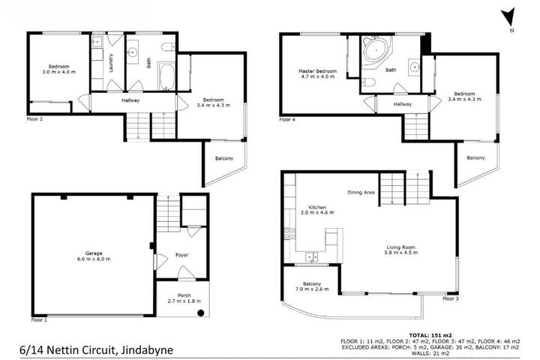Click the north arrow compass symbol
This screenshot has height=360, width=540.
(x=508, y=18)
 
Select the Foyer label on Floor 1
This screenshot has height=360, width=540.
(x=181, y=255)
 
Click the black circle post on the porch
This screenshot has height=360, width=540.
(x=201, y=313)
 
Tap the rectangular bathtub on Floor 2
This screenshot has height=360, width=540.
(x=167, y=76)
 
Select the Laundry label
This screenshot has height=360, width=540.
(x=111, y=63)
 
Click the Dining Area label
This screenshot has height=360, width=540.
(x=361, y=192)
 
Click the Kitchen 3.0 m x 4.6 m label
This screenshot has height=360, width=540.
(x=317, y=210)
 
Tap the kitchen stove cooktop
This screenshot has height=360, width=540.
(x=289, y=233)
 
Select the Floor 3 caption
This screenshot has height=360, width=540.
(x=451, y=298)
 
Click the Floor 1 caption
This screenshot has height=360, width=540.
(x=39, y=319)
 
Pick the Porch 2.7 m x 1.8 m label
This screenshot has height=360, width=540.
(x=184, y=298)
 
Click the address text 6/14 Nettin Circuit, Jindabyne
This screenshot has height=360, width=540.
(x=97, y=350)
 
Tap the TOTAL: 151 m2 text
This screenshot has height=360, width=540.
(x=430, y=334)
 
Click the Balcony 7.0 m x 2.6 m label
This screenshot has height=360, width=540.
(x=312, y=286)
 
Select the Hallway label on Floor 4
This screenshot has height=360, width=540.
(x=402, y=104)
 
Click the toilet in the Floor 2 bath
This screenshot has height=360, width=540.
(x=169, y=46)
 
